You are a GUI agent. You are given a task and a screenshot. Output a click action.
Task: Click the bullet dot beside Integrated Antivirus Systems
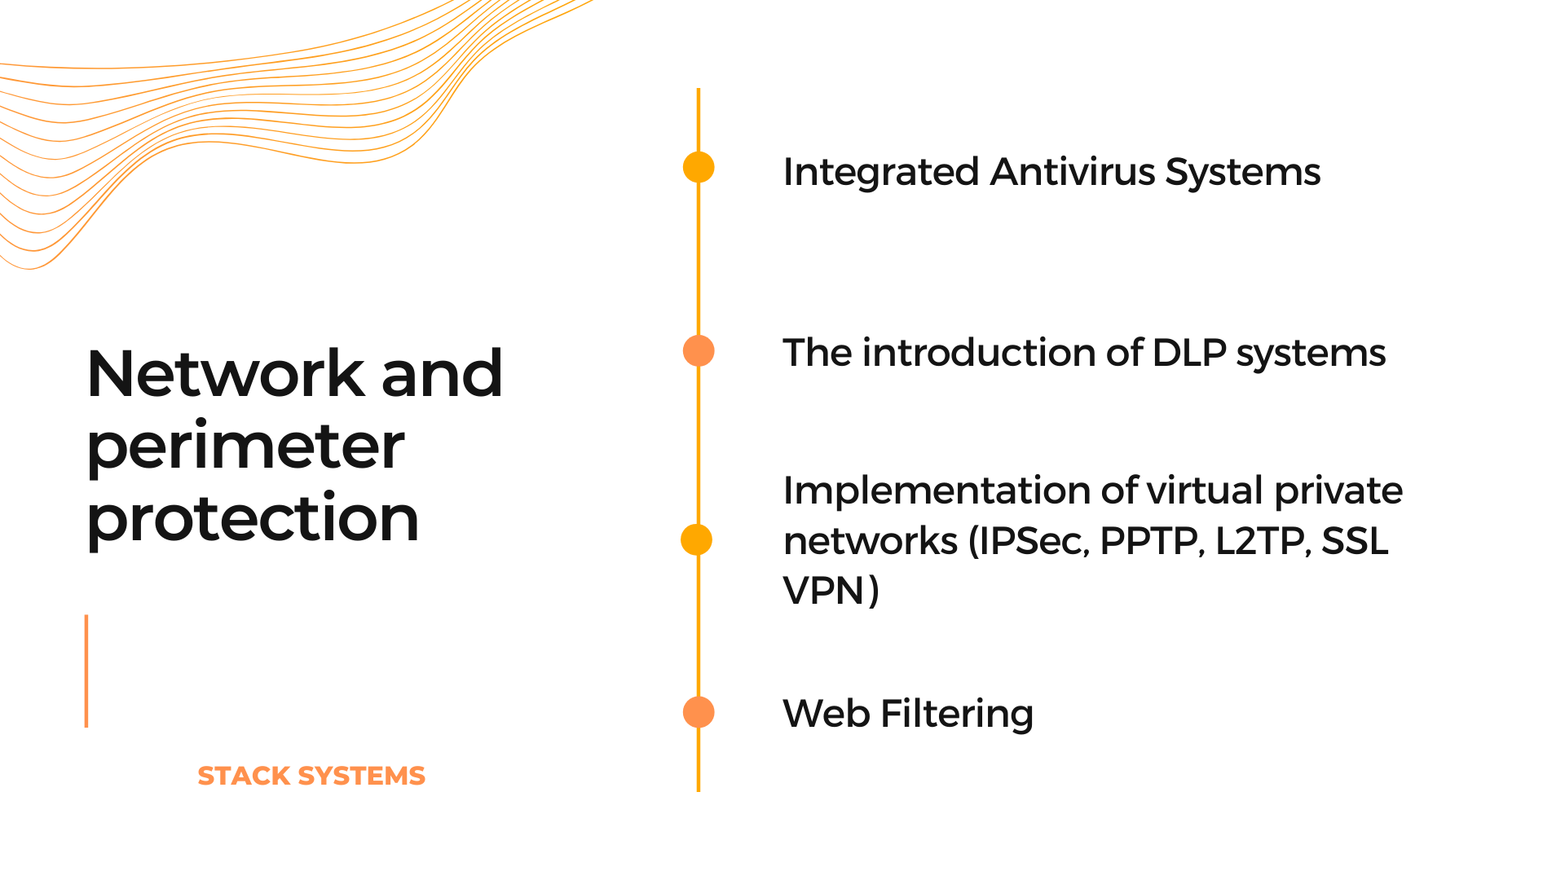(699, 167)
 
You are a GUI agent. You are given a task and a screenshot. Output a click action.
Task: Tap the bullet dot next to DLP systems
(699, 350)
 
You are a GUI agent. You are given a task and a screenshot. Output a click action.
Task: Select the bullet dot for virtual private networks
(697, 539)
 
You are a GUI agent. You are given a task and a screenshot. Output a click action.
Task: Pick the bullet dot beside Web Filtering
(699, 711)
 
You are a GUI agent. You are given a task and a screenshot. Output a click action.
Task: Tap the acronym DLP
(1189, 353)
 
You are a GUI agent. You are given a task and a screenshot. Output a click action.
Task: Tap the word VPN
(823, 591)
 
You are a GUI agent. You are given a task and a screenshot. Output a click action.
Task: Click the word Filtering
(957, 715)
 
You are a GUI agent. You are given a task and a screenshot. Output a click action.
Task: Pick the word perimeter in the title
(245, 447)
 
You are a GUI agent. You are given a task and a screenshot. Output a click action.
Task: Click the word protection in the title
(253, 518)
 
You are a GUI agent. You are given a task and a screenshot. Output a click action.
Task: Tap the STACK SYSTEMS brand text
(311, 776)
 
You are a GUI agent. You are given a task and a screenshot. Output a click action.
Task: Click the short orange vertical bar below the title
(86, 671)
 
